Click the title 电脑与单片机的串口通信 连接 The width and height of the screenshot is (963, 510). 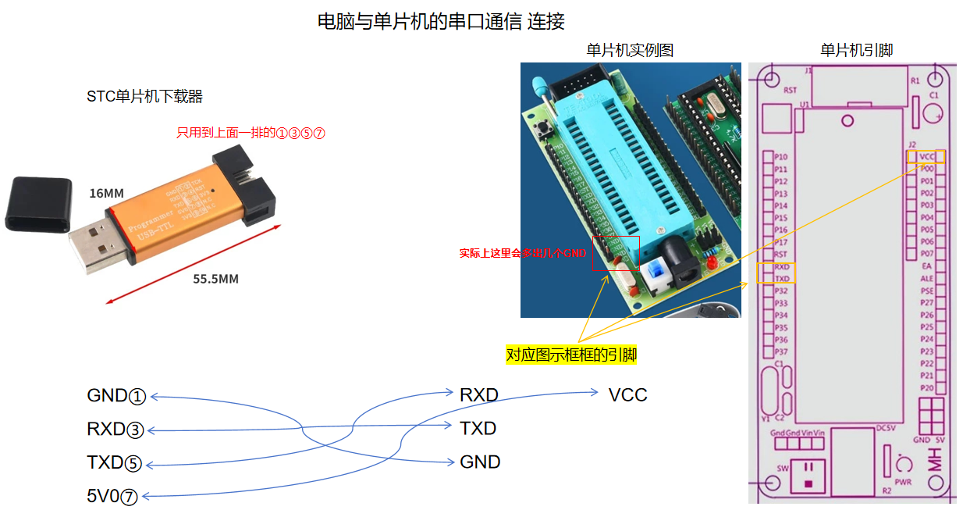pos(441,22)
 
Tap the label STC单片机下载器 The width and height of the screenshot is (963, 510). pos(145,97)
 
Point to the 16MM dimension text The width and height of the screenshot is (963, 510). pos(106,193)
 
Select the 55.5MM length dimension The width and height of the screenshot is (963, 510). pos(215,279)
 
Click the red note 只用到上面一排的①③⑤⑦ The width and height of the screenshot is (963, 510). pos(251,133)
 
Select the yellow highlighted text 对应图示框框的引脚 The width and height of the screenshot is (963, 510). pos(571,355)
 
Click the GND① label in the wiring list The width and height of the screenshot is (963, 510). pos(116,396)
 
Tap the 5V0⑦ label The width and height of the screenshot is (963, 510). pos(112,496)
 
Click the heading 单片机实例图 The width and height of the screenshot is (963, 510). pos(630,51)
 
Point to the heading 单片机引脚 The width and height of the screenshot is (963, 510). pos(856,51)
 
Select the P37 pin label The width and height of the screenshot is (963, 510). pos(780,352)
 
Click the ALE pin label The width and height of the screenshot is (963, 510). pos(926,279)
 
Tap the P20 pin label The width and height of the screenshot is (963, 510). pos(926,388)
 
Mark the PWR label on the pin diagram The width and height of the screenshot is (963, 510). pos(903,483)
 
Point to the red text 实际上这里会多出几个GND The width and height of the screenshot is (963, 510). pos(522,254)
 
